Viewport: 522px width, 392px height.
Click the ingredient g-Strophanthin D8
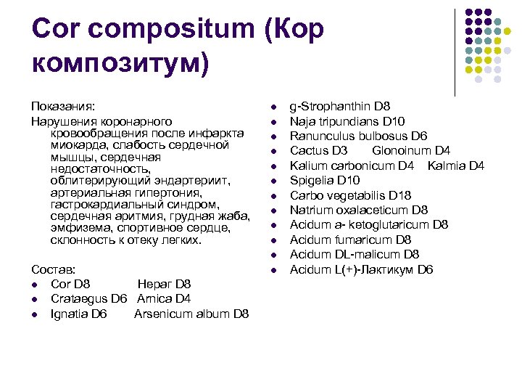340,106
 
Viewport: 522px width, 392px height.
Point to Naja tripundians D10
347,121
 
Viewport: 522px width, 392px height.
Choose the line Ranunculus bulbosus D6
358,136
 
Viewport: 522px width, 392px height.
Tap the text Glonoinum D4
411,150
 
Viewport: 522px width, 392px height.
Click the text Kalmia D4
455,166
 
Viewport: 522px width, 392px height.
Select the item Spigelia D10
324,180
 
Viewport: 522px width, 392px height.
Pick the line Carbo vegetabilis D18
350,195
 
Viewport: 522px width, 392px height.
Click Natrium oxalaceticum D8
359,210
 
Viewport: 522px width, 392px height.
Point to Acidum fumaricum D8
350,240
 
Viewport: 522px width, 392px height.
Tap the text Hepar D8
164,284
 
